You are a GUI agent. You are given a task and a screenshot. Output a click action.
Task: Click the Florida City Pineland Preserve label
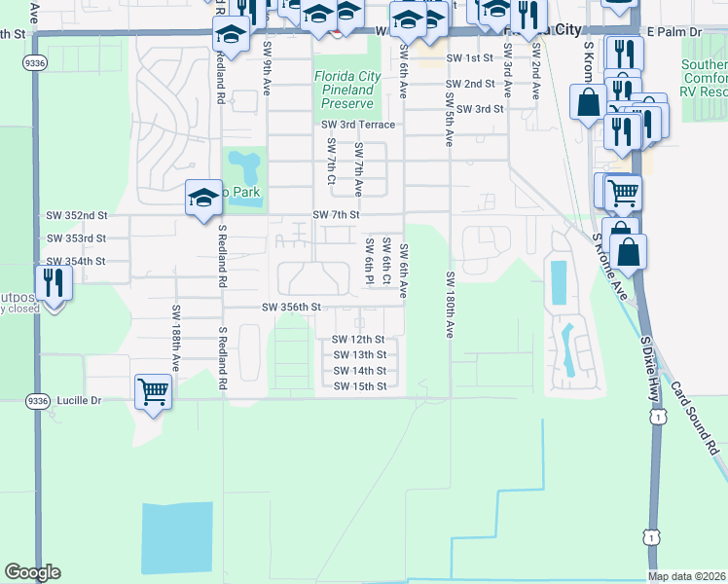point(345,90)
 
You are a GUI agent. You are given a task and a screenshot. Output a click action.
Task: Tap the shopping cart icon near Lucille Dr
point(153,391)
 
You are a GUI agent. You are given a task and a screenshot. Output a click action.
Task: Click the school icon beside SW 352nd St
point(200,199)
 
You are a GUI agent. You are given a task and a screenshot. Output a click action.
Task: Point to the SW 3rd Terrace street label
point(359,125)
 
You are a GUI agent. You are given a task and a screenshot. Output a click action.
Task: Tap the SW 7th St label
point(337,214)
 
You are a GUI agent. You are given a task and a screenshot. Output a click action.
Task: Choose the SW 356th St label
point(291,308)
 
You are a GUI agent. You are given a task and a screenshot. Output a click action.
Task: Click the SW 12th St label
point(359,340)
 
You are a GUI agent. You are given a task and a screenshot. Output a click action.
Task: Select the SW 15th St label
point(359,386)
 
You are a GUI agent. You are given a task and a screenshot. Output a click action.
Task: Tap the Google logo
point(32,572)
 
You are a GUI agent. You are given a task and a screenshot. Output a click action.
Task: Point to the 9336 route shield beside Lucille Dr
point(37,400)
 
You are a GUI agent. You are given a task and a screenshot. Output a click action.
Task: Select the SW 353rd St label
point(76,238)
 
